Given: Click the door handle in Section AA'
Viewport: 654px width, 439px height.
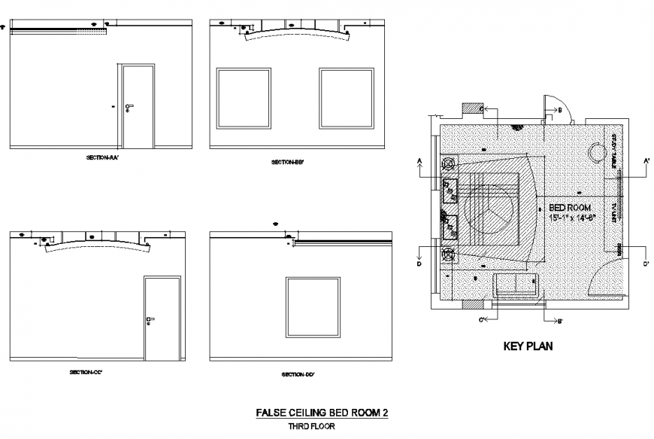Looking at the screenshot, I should [x=129, y=106].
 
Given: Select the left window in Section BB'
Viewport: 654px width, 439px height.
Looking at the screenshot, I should [x=244, y=98].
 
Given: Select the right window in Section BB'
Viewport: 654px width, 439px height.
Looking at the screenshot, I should [x=346, y=98].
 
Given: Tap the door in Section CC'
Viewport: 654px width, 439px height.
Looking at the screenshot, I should [x=162, y=319].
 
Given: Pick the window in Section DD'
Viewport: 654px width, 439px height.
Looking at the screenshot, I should [x=313, y=307].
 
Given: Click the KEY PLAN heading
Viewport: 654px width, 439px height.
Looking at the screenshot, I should [x=528, y=347].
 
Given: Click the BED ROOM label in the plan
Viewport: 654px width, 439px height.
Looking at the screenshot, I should [x=570, y=207].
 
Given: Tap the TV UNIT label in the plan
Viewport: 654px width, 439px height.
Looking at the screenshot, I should [x=614, y=212].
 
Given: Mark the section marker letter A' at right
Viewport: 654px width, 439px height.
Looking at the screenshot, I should [x=646, y=160].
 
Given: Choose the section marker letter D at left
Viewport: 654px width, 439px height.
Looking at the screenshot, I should [x=419, y=264].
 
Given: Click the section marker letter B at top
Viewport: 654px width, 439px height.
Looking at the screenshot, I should [x=559, y=110].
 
